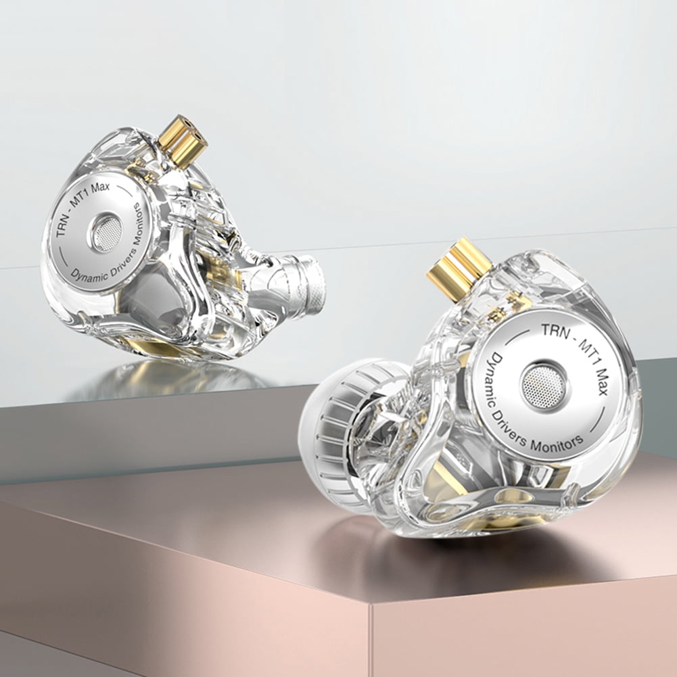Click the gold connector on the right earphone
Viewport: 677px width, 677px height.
click(459, 263)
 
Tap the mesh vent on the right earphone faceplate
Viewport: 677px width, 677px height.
click(542, 387)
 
